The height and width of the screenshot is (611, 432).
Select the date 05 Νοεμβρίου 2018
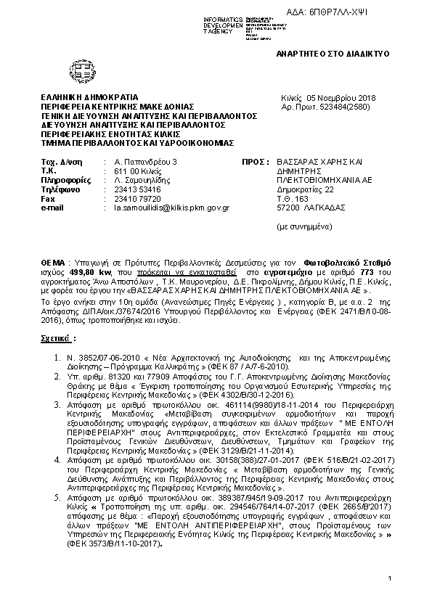(x=345, y=98)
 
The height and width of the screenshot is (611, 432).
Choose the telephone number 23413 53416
(x=131, y=189)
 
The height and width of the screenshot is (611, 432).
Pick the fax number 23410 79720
(x=131, y=198)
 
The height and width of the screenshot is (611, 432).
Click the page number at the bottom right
(x=389, y=578)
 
